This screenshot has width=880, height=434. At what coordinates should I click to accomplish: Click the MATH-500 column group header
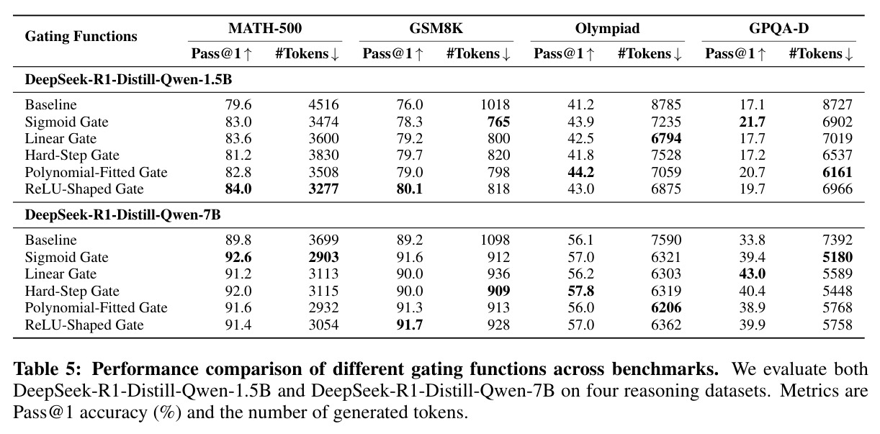[x=265, y=28]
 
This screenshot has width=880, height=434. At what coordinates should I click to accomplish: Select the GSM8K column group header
[x=436, y=28]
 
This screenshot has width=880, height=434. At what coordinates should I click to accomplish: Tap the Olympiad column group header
[x=607, y=28]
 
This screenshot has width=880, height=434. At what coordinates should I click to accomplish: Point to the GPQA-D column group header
[x=778, y=28]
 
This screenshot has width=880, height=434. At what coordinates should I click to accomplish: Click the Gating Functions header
[x=81, y=36]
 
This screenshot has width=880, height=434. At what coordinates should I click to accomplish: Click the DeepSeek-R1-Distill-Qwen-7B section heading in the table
[x=122, y=214]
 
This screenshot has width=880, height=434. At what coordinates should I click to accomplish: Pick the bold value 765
[x=498, y=122]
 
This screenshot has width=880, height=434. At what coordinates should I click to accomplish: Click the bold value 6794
[x=666, y=139]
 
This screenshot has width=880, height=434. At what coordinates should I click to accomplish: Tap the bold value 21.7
[x=752, y=122]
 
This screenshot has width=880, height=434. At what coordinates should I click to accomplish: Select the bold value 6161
[x=838, y=172]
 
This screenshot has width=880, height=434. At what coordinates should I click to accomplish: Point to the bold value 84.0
[x=238, y=189]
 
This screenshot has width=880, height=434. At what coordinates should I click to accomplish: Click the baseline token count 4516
[x=323, y=105]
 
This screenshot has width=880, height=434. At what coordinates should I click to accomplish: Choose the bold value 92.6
[x=238, y=257]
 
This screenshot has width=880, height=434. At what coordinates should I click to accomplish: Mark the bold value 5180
[x=838, y=257]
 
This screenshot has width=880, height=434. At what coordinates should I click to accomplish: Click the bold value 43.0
[x=752, y=273]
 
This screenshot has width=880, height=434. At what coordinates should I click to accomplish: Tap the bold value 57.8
[x=580, y=291]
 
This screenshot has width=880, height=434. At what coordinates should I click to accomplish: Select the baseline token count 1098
[x=495, y=240]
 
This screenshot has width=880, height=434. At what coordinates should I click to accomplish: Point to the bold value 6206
[x=666, y=307]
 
